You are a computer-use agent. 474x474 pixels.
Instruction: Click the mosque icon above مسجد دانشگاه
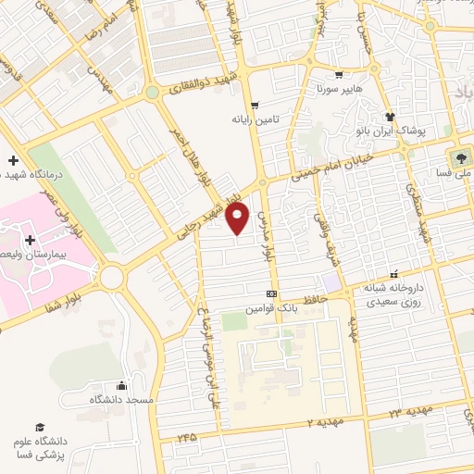tap(121, 385)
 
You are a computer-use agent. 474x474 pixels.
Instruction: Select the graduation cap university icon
tap(39, 427)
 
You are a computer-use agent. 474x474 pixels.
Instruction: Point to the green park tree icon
tap(458, 156)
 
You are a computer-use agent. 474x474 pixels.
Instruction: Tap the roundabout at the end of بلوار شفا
tap(113, 275)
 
